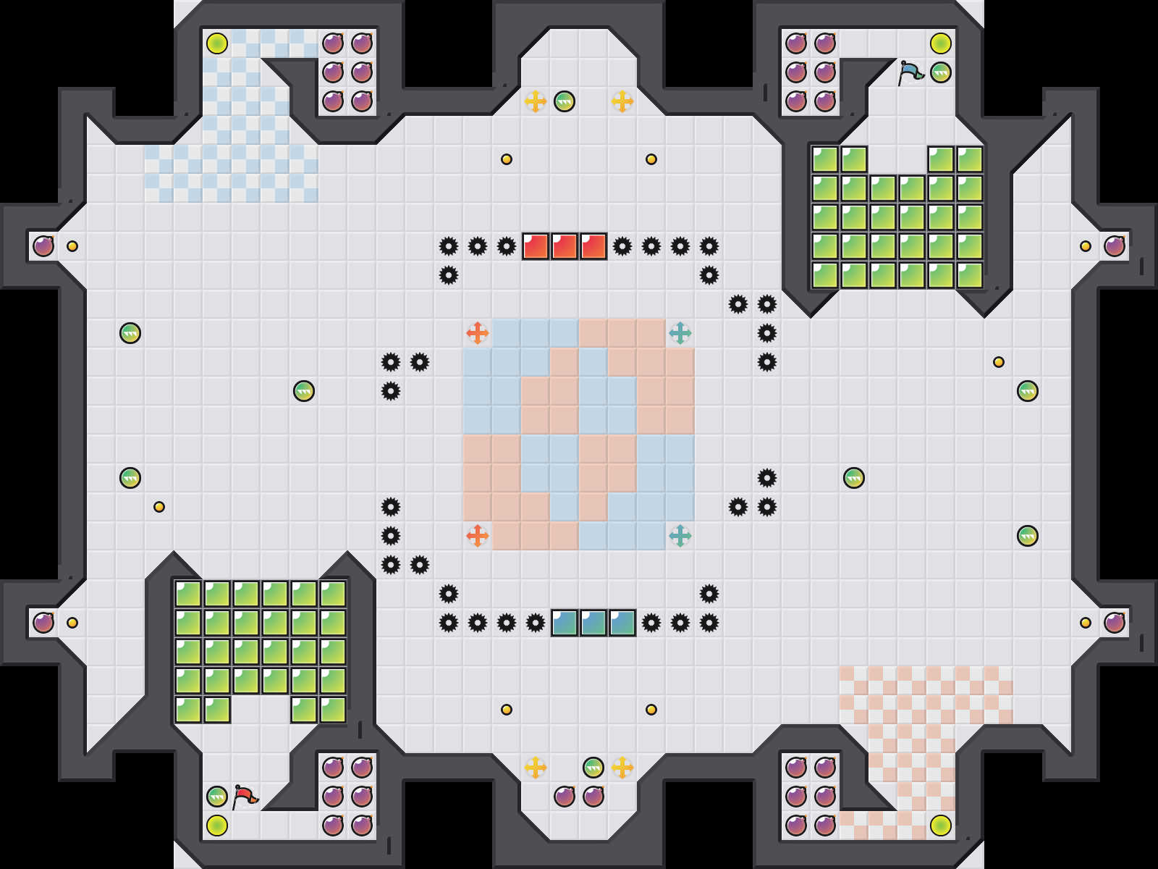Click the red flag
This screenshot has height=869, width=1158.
tap(245, 797)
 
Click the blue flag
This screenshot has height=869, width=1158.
tap(910, 72)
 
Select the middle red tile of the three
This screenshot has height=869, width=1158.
tap(565, 246)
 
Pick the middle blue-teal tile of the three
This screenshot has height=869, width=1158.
tap(593, 623)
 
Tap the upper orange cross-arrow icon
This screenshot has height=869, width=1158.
tap(478, 333)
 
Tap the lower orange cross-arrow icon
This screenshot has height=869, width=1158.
tap(478, 536)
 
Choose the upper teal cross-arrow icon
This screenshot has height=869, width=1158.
tap(680, 333)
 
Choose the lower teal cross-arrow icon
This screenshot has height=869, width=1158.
tap(680, 536)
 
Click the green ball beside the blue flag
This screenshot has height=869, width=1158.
tap(941, 72)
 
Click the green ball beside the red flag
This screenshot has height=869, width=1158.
tap(217, 797)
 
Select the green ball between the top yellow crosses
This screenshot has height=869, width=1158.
tap(565, 101)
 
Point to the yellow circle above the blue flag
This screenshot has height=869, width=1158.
tap(941, 43)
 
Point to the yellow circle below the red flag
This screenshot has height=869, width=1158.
tap(217, 826)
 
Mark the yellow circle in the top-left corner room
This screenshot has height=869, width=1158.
tap(217, 43)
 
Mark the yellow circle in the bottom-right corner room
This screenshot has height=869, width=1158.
tap(941, 826)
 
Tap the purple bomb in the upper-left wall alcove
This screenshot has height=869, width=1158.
tap(43, 246)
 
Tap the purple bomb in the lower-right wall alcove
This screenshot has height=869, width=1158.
tap(1115, 623)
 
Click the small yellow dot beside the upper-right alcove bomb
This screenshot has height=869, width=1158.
tap(1086, 246)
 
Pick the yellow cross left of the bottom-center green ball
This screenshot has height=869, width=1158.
tap(536, 768)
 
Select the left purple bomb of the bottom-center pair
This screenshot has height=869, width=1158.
tap(565, 797)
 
